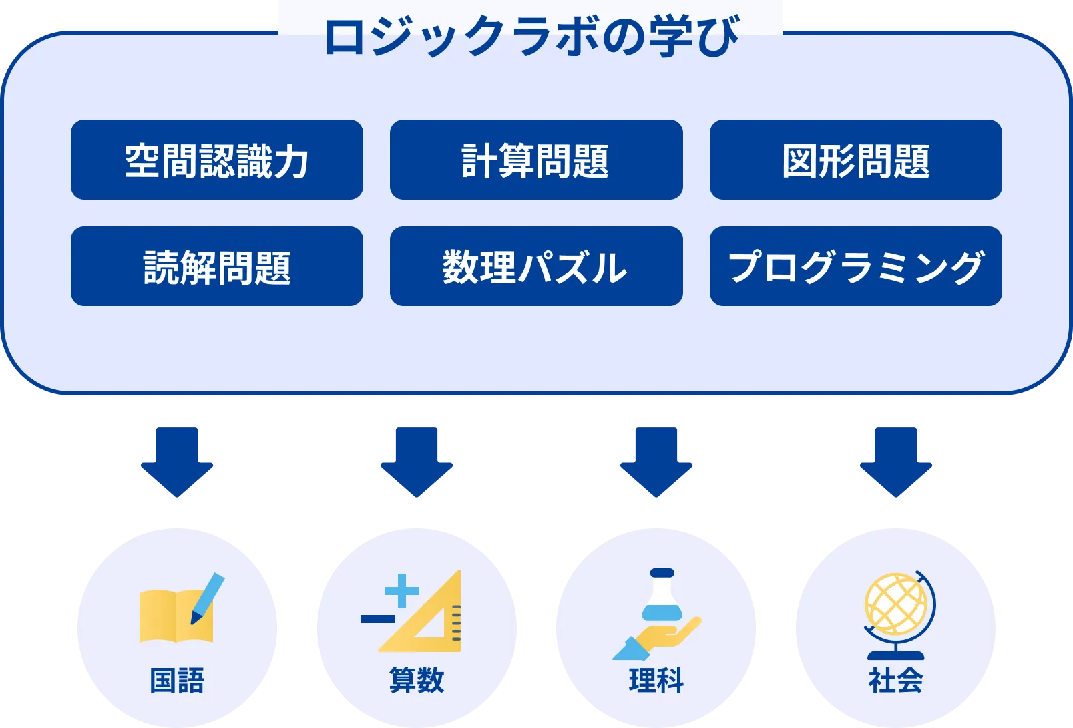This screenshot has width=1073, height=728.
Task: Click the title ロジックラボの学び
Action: [x=531, y=37]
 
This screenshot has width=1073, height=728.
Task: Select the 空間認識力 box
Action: [x=217, y=160]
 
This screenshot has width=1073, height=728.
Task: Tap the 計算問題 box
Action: [x=536, y=160]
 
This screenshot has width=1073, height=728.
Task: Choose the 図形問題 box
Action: [x=855, y=160]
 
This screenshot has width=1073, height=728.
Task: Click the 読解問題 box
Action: [x=217, y=266]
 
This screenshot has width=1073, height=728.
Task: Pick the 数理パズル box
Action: [x=536, y=266]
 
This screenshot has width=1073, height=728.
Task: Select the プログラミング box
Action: [x=855, y=266]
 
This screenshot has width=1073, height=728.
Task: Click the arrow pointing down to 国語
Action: [x=177, y=462]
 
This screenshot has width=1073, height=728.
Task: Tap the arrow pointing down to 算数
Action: [x=417, y=462]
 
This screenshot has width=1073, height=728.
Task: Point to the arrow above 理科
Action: [x=656, y=462]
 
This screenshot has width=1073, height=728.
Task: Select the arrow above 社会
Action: [x=896, y=462]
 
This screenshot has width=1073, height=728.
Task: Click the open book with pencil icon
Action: [x=177, y=611]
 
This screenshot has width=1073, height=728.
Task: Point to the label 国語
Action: [x=177, y=681]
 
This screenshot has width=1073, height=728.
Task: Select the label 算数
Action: [x=417, y=681]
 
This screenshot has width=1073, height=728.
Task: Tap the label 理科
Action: [x=656, y=681]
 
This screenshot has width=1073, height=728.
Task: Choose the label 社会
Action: [x=896, y=681]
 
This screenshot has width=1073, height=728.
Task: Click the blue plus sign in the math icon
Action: [x=401, y=590]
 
